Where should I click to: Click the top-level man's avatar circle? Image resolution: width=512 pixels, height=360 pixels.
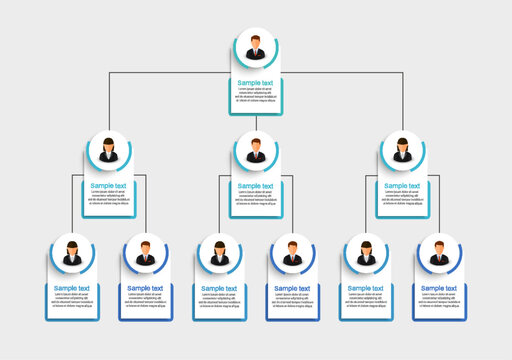[256, 48]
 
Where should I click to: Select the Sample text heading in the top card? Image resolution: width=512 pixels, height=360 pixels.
[256, 83]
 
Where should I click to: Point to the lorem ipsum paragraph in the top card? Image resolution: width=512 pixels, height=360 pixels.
[256, 97]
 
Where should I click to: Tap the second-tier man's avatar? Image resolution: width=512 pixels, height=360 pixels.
[256, 152]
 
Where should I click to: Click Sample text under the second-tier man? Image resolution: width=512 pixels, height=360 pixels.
[256, 186]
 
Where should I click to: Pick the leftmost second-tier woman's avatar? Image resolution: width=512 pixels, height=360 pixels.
[109, 152]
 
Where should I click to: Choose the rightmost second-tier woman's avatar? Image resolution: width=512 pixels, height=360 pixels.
[403, 152]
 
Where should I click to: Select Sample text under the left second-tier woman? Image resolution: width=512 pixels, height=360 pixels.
[109, 186]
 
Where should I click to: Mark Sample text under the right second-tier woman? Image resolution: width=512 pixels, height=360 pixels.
[403, 186]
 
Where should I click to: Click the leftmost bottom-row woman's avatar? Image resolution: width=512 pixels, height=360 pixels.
[72, 255]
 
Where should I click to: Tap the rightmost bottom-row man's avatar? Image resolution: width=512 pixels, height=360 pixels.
[440, 255]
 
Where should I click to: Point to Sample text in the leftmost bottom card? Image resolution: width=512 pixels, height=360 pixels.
[72, 289]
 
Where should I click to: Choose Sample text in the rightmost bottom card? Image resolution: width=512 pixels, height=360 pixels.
[440, 289]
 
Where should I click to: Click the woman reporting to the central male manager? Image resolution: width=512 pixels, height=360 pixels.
[219, 255]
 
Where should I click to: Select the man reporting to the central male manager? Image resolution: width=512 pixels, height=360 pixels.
[293, 255]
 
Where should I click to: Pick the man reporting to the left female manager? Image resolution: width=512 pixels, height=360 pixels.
[146, 255]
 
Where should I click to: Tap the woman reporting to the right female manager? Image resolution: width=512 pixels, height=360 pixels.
[366, 255]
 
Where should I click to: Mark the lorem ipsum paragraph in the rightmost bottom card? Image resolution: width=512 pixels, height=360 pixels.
[440, 302]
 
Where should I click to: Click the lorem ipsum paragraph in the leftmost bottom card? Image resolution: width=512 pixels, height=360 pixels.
[72, 302]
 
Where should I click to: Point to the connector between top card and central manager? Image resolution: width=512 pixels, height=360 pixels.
[256, 123]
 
